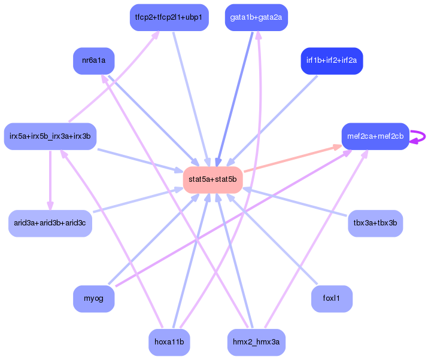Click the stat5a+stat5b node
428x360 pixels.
(x=213, y=179)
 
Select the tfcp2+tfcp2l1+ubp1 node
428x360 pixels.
(x=169, y=17)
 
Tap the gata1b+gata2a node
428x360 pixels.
(x=256, y=17)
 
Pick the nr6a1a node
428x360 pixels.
(x=93, y=61)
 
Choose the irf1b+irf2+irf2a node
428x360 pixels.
(x=332, y=61)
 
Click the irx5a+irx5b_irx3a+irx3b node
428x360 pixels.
(x=50, y=136)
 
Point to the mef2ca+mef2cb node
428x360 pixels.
(x=375, y=136)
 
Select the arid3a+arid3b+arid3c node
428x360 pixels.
(x=50, y=223)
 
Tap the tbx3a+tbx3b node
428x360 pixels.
(x=375, y=223)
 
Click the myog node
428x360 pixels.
(x=93, y=299)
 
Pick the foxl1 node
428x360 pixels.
(x=332, y=299)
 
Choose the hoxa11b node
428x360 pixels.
(x=169, y=343)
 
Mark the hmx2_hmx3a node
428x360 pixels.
(x=256, y=343)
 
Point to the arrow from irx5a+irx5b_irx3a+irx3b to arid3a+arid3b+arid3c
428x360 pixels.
(x=50, y=179)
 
